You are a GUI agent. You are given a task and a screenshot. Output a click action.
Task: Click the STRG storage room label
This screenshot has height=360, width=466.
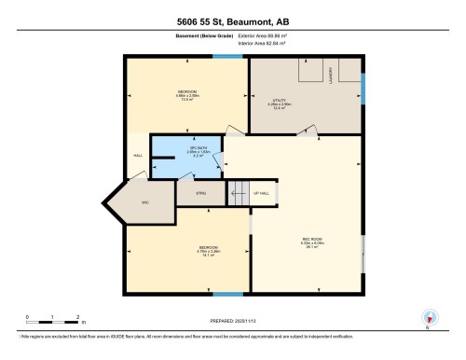pyautogui.click(x=200, y=193)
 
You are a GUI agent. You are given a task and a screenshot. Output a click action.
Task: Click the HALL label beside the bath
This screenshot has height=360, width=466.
pyautogui.click(x=136, y=155)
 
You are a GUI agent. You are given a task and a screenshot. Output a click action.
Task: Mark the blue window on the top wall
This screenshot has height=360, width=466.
pyautogui.click(x=225, y=57)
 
